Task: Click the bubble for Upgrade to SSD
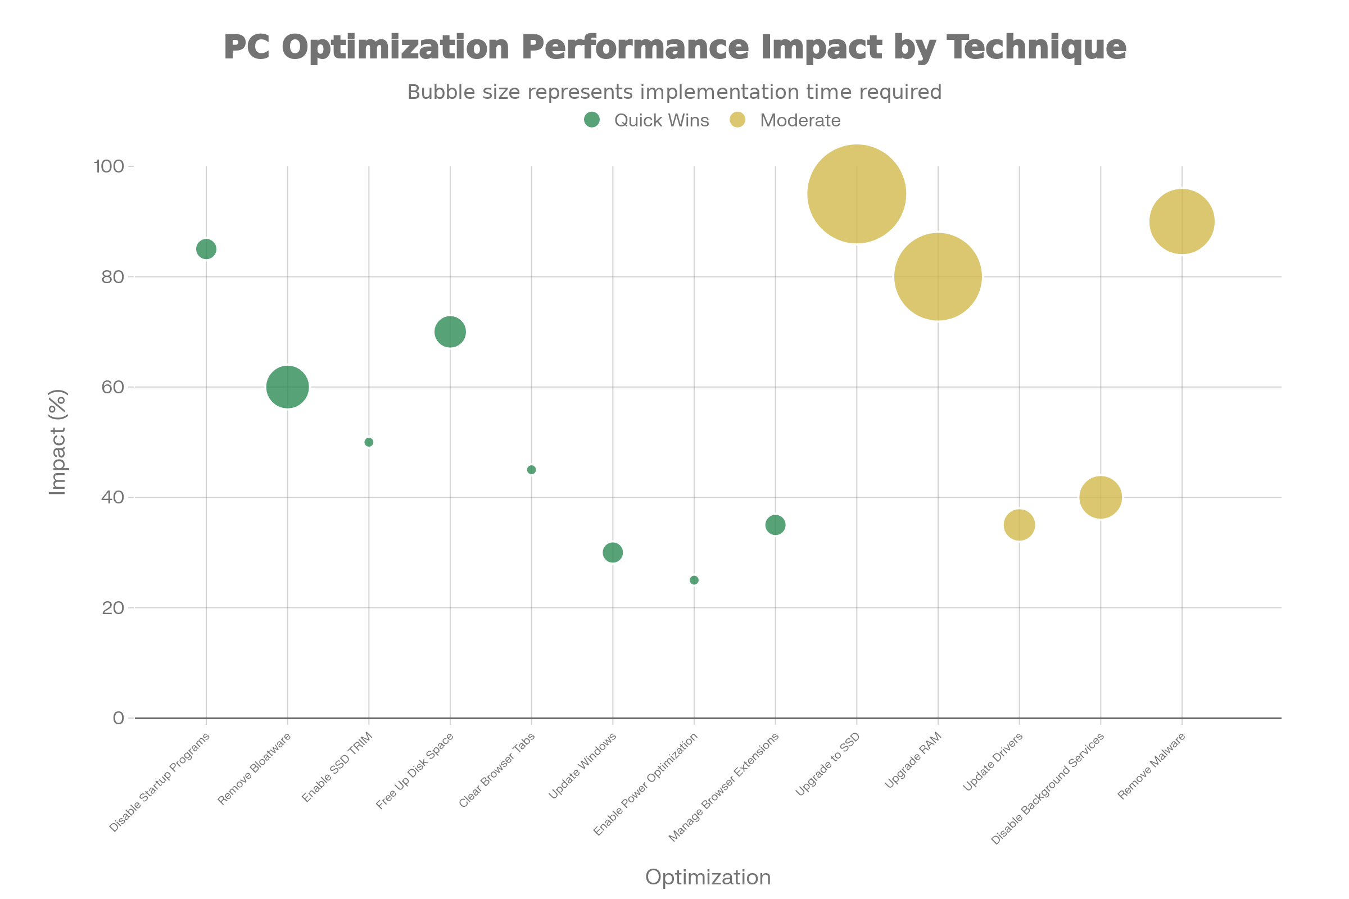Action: click(856, 194)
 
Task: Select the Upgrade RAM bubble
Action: click(938, 277)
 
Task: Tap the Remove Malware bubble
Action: click(1181, 221)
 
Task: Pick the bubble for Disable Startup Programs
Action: click(206, 249)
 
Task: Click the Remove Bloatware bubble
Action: click(287, 387)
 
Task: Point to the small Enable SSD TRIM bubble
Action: click(369, 442)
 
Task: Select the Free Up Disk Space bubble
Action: click(450, 332)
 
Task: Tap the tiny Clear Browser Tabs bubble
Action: click(532, 470)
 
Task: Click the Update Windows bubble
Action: click(613, 553)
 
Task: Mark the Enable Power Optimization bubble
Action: click(694, 580)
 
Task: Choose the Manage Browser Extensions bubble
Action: click(776, 525)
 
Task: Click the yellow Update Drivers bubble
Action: click(1019, 525)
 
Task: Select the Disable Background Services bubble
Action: click(1100, 497)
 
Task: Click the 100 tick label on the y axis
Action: click(109, 166)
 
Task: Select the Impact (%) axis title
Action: click(58, 442)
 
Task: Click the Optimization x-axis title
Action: click(708, 877)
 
